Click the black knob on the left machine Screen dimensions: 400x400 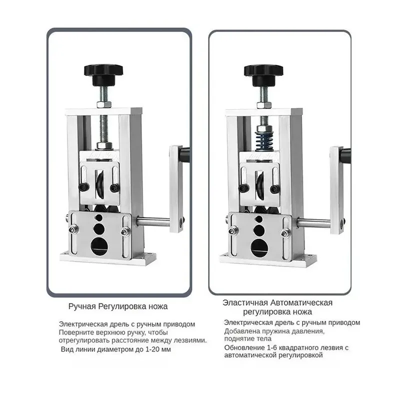103,74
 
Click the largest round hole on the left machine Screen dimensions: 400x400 99,246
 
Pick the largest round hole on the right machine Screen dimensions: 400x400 259,248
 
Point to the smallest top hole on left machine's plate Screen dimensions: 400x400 98,217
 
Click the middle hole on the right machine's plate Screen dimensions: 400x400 259,230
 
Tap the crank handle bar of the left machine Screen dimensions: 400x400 176,189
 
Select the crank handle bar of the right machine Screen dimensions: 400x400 336,190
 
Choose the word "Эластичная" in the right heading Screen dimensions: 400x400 245,303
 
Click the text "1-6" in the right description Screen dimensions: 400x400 272,347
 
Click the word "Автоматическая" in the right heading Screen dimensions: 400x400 301,303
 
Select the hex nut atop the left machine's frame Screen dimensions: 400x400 104,104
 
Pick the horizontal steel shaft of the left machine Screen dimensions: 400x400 153,221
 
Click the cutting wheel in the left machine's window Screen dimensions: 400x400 100,184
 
